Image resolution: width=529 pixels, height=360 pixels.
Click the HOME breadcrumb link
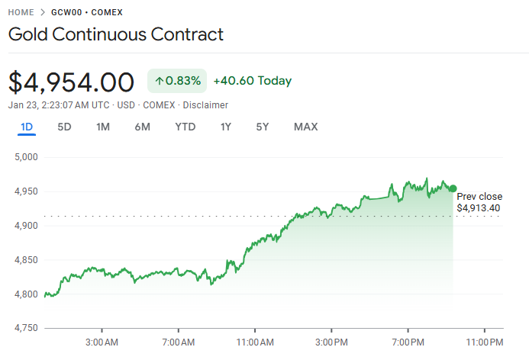tap(21, 13)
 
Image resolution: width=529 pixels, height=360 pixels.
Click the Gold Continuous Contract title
tap(116, 34)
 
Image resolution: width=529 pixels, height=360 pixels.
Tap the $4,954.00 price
tap(72, 82)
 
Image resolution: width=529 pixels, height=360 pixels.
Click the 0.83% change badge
tap(177, 81)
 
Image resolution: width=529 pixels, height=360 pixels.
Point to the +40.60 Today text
tap(252, 81)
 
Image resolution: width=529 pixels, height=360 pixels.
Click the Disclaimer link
tap(205, 104)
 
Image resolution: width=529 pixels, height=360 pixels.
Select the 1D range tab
tap(27, 127)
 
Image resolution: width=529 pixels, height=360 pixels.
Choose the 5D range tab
tap(65, 127)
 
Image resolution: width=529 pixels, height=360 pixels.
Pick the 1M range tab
tap(103, 127)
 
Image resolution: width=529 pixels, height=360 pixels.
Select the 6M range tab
tap(143, 127)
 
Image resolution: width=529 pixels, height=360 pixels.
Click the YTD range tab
tap(185, 127)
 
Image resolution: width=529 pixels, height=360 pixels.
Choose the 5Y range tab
tap(263, 127)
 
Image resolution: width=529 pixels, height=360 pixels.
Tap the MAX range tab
tap(306, 127)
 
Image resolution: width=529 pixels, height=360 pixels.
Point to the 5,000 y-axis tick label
tap(26, 157)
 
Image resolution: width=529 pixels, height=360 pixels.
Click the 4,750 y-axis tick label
tap(26, 328)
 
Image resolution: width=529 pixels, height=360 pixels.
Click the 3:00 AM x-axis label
tap(102, 341)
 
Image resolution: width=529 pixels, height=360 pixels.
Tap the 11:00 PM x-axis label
tap(484, 341)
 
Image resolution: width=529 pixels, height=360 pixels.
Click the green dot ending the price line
tap(453, 188)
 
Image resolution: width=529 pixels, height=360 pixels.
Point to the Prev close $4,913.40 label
tap(479, 202)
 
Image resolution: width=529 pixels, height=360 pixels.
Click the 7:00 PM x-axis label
tap(408, 341)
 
